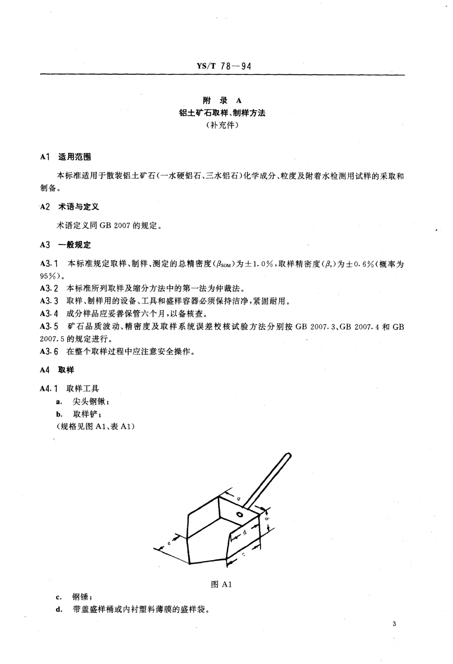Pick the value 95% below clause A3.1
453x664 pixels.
coord(49,276)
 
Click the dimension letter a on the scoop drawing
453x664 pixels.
coord(239,499)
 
